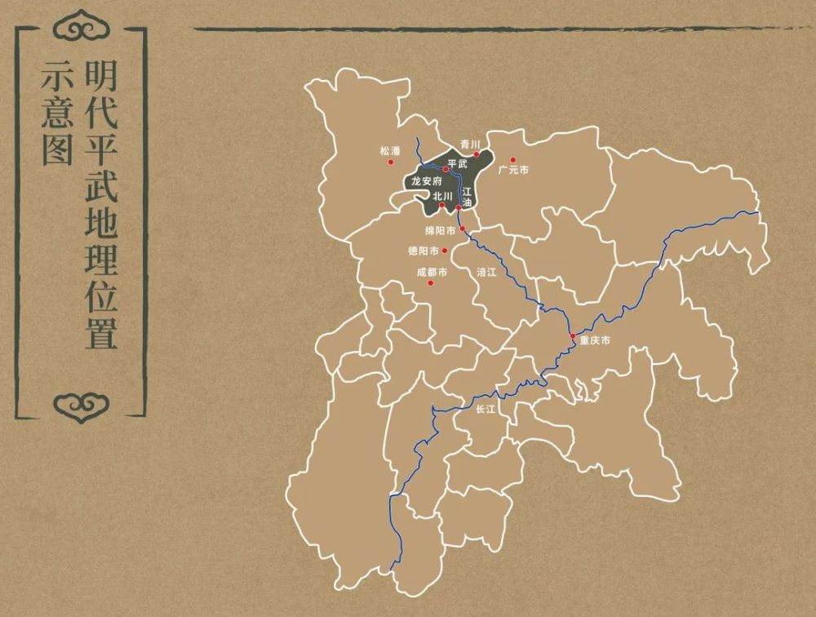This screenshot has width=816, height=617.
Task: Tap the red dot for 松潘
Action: pyautogui.click(x=390, y=162)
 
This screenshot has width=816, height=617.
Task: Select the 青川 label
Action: pyautogui.click(x=468, y=143)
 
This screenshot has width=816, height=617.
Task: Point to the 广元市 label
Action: pyautogui.click(x=513, y=170)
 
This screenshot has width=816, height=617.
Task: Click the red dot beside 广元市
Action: pyautogui.click(x=513, y=160)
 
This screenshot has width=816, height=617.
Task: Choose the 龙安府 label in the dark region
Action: pyautogui.click(x=426, y=180)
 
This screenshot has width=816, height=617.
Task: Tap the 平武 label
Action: pyautogui.click(x=457, y=164)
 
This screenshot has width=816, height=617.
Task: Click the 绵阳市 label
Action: pyautogui.click(x=441, y=230)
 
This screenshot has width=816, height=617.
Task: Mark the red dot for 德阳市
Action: pyautogui.click(x=445, y=251)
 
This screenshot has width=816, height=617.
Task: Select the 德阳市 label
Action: pyautogui.click(x=424, y=251)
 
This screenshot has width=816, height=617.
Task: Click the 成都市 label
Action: pyautogui.click(x=432, y=272)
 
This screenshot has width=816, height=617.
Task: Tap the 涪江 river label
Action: pyautogui.click(x=486, y=273)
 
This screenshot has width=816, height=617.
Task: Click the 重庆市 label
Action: pyautogui.click(x=595, y=340)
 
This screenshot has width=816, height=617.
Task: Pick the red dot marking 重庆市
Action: pyautogui.click(x=573, y=335)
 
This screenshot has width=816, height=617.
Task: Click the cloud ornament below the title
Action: pyautogui.click(x=80, y=402)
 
